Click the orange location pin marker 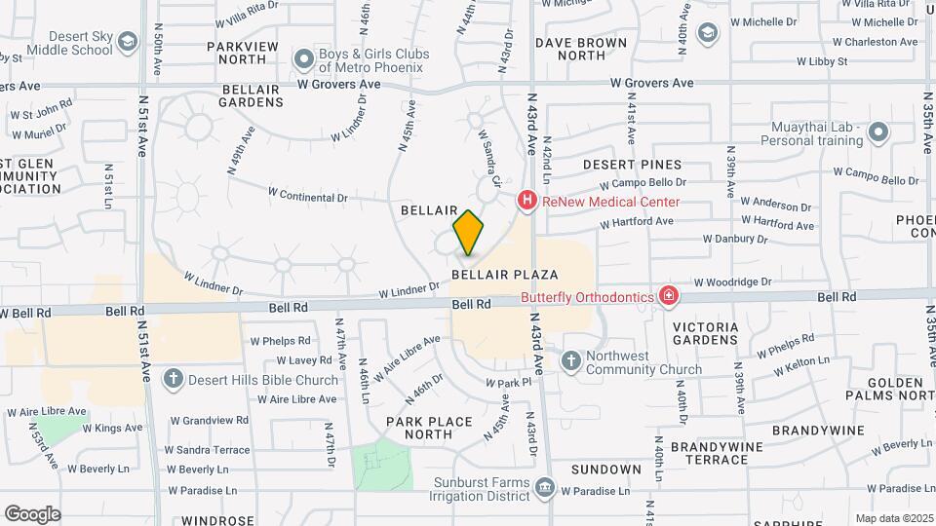pos(468,233)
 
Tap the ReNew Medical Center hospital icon pos(527,202)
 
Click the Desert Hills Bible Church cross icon pos(174,379)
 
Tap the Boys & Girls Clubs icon pos(305,60)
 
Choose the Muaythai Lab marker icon pos(878,132)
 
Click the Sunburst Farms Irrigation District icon pos(544,487)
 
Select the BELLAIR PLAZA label pos(504,276)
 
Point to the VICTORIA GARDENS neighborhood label pos(705,332)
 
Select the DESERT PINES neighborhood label pos(633,165)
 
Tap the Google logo pos(32,513)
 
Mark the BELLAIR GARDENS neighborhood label pos(252,95)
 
